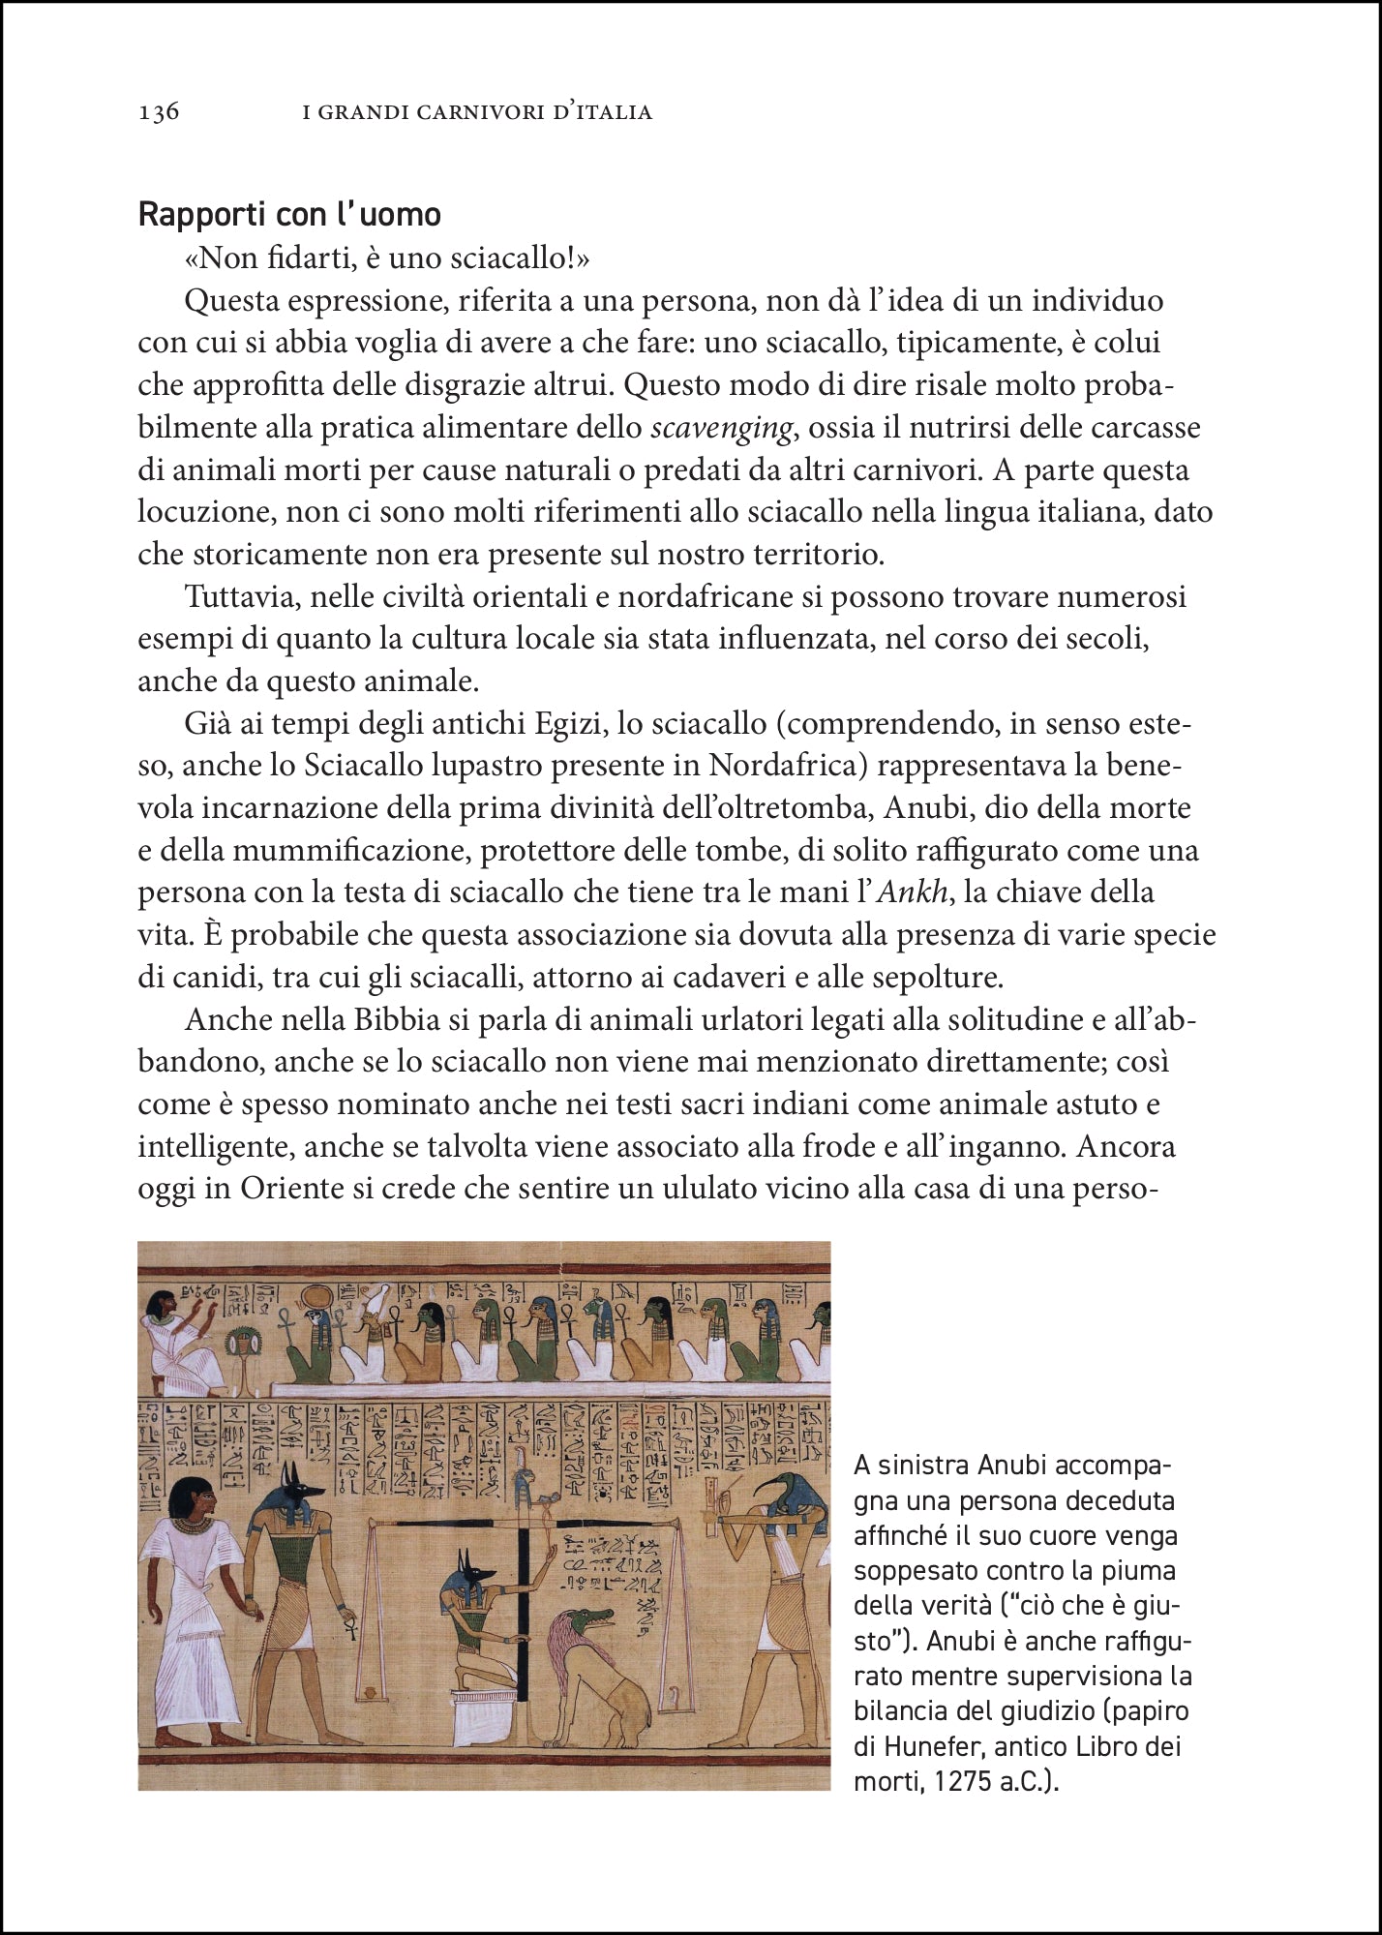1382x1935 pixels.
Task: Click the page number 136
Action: click(x=159, y=112)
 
